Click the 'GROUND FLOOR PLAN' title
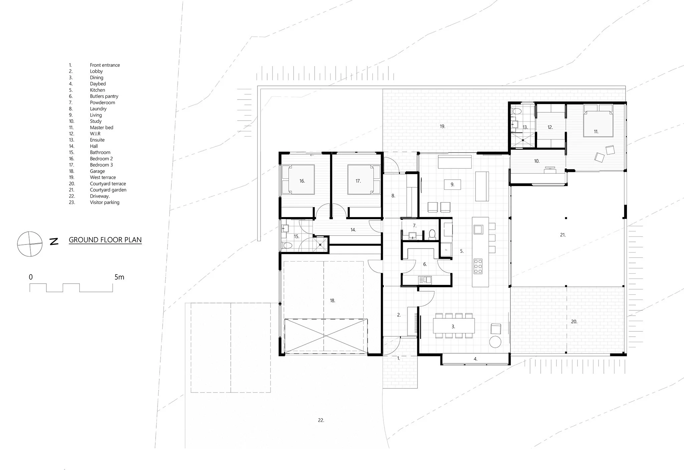(105, 240)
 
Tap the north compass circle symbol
(30, 244)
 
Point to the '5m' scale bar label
(119, 277)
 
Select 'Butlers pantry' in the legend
(104, 96)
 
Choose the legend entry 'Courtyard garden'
(108, 190)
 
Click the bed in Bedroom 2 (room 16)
(298, 179)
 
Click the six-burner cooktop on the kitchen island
(478, 267)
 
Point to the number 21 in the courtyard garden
(563, 235)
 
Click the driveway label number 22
(321, 420)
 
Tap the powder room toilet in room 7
(432, 234)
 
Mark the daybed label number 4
(476, 359)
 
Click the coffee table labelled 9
(453, 184)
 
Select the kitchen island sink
(478, 229)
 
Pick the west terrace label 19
(443, 127)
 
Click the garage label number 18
(332, 301)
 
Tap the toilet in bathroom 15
(287, 246)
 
